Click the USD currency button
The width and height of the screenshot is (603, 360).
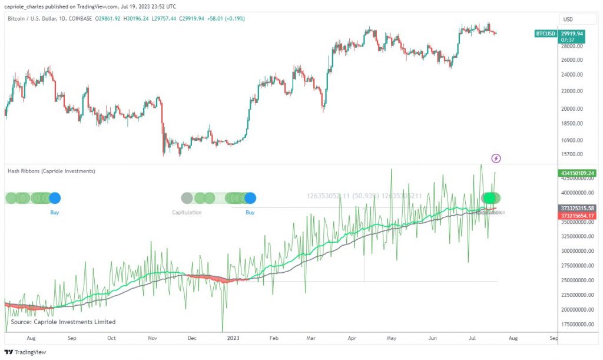568,19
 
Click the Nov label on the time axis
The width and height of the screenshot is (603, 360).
152,339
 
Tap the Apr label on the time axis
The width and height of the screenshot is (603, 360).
352,339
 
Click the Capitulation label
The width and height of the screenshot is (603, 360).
187,212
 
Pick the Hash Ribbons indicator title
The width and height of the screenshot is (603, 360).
51,171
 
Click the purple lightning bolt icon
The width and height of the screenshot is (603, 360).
496,158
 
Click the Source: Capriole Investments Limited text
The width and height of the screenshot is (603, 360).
64,322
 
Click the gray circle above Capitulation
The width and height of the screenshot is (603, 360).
187,198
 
